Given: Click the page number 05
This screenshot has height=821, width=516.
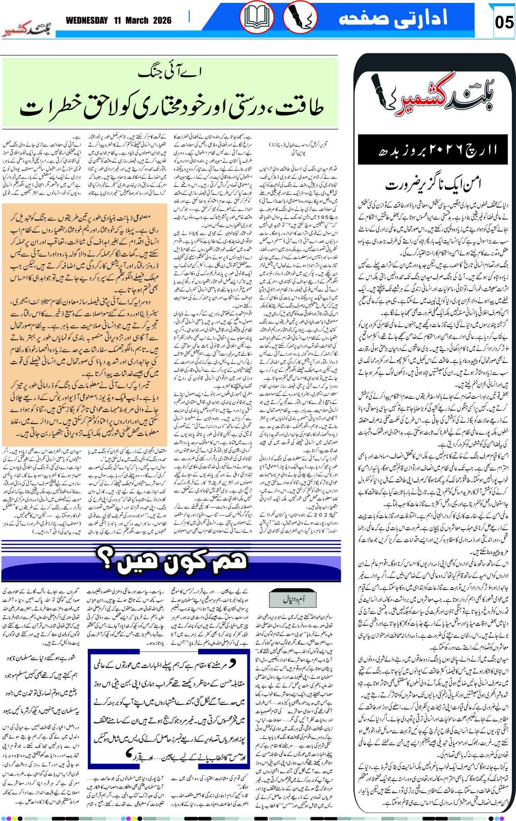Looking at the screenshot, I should [504, 21].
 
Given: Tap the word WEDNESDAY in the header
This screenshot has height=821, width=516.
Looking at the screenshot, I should [86, 20].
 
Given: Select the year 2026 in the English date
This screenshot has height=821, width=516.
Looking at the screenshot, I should [162, 20].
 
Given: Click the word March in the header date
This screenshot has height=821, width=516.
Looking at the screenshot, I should [136, 20].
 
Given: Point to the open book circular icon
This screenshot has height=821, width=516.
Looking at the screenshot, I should [257, 18].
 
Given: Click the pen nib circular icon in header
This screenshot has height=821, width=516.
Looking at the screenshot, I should [299, 18].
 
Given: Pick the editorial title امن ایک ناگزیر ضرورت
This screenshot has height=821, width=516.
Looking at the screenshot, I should [433, 183].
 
